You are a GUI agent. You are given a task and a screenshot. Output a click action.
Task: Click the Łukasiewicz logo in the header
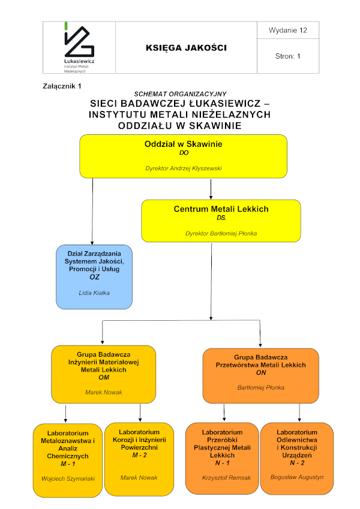tap(79, 47)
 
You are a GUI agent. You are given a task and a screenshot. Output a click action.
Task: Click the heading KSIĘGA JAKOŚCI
tap(186, 48)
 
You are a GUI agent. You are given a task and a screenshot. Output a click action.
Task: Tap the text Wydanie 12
tap(288, 30)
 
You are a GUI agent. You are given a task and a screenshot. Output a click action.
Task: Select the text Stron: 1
tap(288, 56)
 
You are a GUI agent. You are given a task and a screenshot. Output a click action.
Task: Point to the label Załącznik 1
tap(62, 86)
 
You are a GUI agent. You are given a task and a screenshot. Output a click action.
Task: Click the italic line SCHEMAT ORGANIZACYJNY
tap(181, 94)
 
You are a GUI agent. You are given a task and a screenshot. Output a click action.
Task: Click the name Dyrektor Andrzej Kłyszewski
tap(184, 168)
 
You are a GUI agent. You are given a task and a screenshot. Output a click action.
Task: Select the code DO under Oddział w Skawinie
tap(184, 152)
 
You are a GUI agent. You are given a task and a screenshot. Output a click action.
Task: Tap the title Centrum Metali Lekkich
tap(221, 209)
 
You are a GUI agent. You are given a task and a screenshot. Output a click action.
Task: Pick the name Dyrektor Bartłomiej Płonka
tap(221, 233)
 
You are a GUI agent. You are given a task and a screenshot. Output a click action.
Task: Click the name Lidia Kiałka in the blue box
tap(94, 293)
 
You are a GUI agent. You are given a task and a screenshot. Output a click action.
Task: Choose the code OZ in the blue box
tap(95, 277)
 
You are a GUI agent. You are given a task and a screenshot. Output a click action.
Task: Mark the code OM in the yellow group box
tap(104, 377)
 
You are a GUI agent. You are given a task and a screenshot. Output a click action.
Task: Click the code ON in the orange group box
tap(261, 373)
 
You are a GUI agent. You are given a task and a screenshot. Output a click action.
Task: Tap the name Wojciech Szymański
tap(68, 478)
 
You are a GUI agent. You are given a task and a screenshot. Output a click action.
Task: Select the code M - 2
tap(139, 455)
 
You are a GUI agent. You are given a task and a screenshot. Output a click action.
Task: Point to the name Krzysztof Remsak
tap(226, 478)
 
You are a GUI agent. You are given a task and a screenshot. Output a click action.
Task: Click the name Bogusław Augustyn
tap(297, 477)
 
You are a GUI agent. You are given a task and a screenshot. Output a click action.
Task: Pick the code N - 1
tap(223, 463)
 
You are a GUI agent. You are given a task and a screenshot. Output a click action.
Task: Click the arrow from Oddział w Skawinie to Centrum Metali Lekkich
tap(211, 189)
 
